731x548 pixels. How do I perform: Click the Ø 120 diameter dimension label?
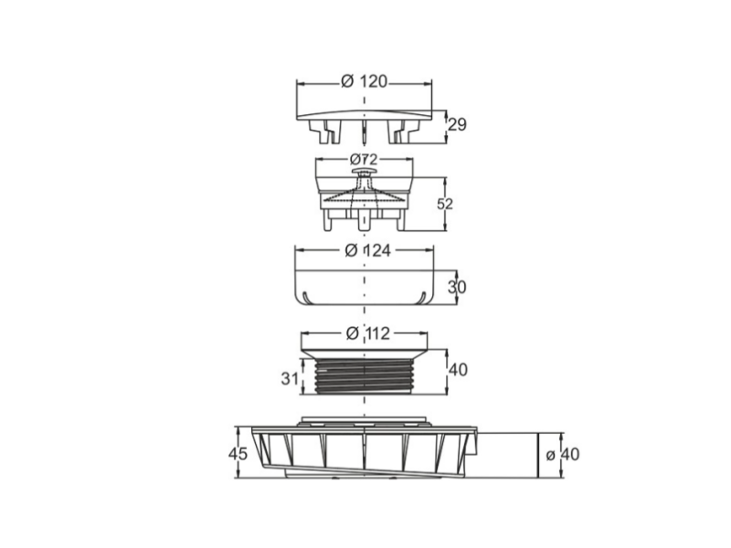point(364,81)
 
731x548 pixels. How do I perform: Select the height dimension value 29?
point(457,125)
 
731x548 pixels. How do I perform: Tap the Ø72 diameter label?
point(364,160)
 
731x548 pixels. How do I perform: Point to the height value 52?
point(445,204)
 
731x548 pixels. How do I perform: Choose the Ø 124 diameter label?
point(368,250)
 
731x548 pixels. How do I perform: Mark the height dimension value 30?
point(457,287)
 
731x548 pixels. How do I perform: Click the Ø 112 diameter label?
point(368,333)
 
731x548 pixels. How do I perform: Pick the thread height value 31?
point(290,378)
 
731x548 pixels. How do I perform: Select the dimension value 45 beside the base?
point(238,453)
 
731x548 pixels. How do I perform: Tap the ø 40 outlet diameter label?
point(563,454)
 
